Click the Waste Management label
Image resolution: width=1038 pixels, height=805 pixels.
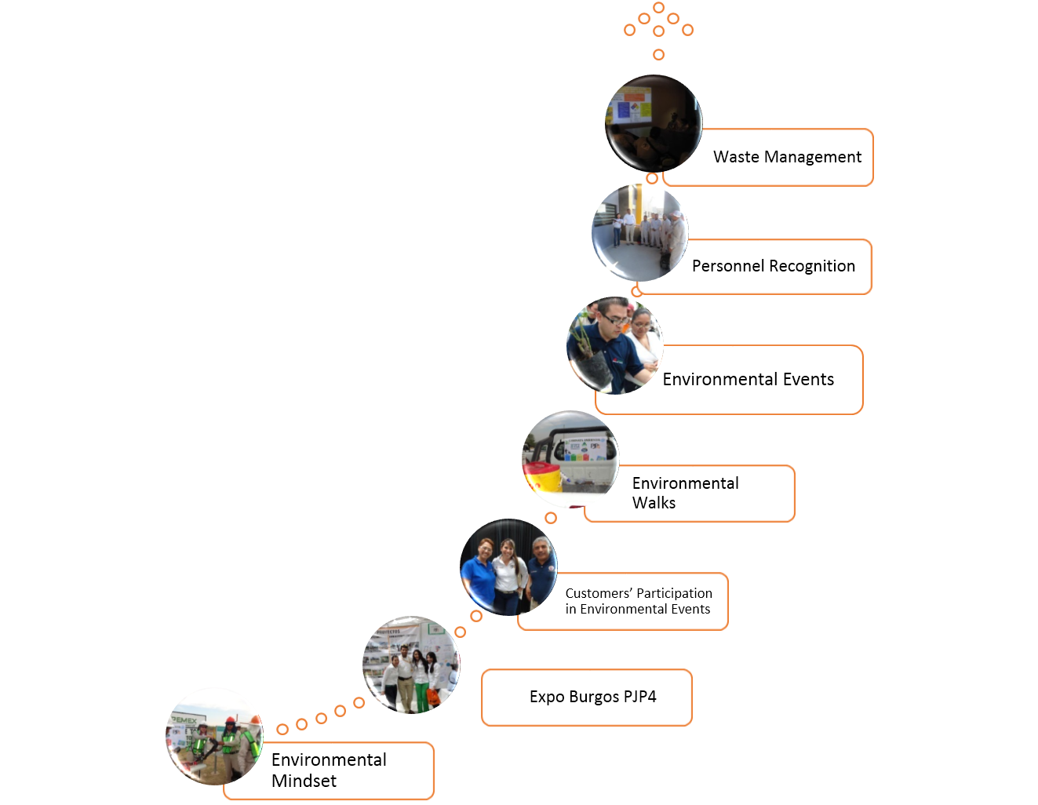pyautogui.click(x=787, y=157)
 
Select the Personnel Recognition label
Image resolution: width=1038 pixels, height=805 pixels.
pyautogui.click(x=774, y=266)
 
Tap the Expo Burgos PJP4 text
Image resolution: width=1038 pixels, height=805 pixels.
pyautogui.click(x=593, y=697)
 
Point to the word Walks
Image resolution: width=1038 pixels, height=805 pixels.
pyautogui.click(x=654, y=503)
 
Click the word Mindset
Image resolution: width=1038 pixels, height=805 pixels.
pyautogui.click(x=304, y=781)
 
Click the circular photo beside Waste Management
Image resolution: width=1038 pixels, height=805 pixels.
pyautogui.click(x=654, y=123)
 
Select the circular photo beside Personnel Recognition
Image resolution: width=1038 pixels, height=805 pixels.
pyautogui.click(x=639, y=232)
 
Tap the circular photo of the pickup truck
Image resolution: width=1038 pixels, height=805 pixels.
pyautogui.click(x=570, y=459)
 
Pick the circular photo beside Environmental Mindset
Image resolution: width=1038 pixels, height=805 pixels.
pyautogui.click(x=214, y=737)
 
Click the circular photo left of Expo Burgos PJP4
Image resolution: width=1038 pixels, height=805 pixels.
pyautogui.click(x=411, y=665)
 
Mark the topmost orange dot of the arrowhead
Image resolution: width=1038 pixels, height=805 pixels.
pyautogui.click(x=659, y=7)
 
